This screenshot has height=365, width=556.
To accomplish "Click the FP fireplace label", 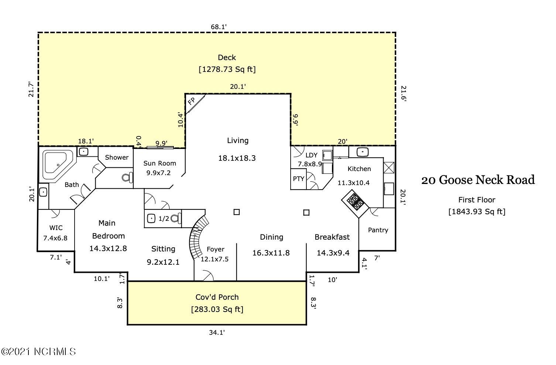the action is tap(192, 101).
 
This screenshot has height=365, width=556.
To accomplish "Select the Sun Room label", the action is tap(159, 163).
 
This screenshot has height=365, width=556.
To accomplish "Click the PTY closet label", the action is tap(298, 179).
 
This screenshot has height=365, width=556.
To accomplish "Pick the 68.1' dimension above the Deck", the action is tap(219, 27).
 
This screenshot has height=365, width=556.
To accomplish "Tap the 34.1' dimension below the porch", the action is tap(217, 332).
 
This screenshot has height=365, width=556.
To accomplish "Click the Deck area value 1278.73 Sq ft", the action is tap(227, 69).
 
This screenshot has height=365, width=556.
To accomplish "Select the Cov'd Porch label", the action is tap(217, 297).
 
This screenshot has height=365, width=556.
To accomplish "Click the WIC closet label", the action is tap(56, 228).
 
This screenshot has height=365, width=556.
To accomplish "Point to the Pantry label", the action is tap(378, 230).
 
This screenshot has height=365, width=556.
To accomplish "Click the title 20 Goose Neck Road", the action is tap(478, 180).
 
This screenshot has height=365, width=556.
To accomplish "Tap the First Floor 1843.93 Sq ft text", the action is tap(477, 206).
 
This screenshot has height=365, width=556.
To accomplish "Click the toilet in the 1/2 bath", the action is tap(176, 218).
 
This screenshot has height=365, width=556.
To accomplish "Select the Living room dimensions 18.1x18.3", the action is tap(237, 158).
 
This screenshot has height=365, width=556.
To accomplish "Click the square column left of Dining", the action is tap(237, 212).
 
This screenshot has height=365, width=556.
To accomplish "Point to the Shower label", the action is tap(117, 157).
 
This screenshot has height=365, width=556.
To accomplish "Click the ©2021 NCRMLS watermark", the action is tap(38, 352).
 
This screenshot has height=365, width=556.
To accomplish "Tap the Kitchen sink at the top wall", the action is tap(363, 152).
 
